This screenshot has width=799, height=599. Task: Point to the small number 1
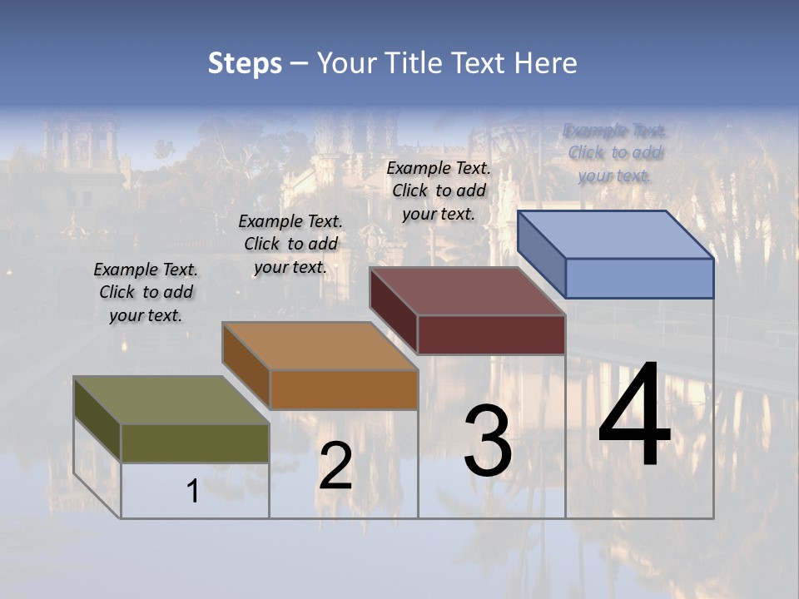pyautogui.click(x=192, y=492)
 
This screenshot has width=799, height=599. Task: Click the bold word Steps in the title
pyautogui.click(x=245, y=63)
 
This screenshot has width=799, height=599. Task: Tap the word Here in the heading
pyautogui.click(x=545, y=63)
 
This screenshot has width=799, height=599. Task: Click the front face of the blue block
pyautogui.click(x=639, y=278)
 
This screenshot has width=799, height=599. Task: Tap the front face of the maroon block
pyautogui.click(x=491, y=334)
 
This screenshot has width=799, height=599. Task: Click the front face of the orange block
pyautogui.click(x=344, y=389)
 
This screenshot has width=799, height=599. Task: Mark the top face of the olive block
pyautogui.click(x=171, y=400)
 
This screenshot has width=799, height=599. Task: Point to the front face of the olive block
pyautogui.click(x=195, y=443)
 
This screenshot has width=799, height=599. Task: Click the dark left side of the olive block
pyautogui.click(x=97, y=418)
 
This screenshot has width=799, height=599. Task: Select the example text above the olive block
pyautogui.click(x=146, y=293)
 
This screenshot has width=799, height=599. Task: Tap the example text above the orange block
pyautogui.click(x=290, y=245)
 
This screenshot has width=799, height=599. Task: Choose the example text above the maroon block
pyautogui.click(x=439, y=191)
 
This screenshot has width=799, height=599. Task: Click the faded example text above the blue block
pyautogui.click(x=614, y=153)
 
